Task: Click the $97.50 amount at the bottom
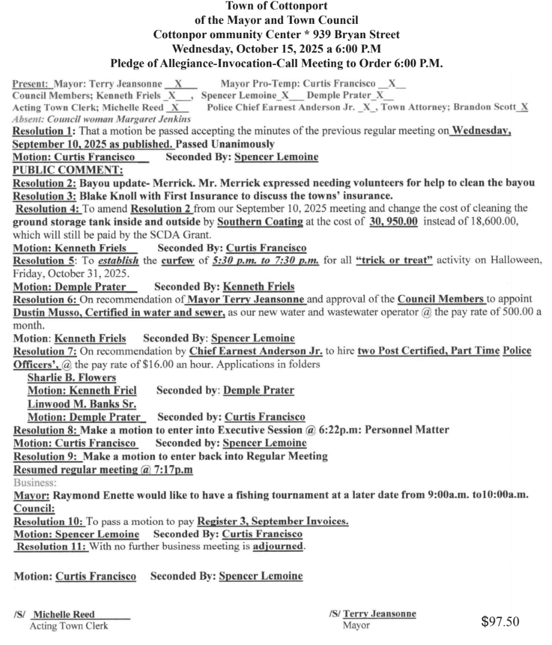pos(500,622)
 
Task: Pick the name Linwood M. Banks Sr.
pos(73,403)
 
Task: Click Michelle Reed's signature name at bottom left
pos(65,615)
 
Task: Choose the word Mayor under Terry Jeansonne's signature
pos(356,626)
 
